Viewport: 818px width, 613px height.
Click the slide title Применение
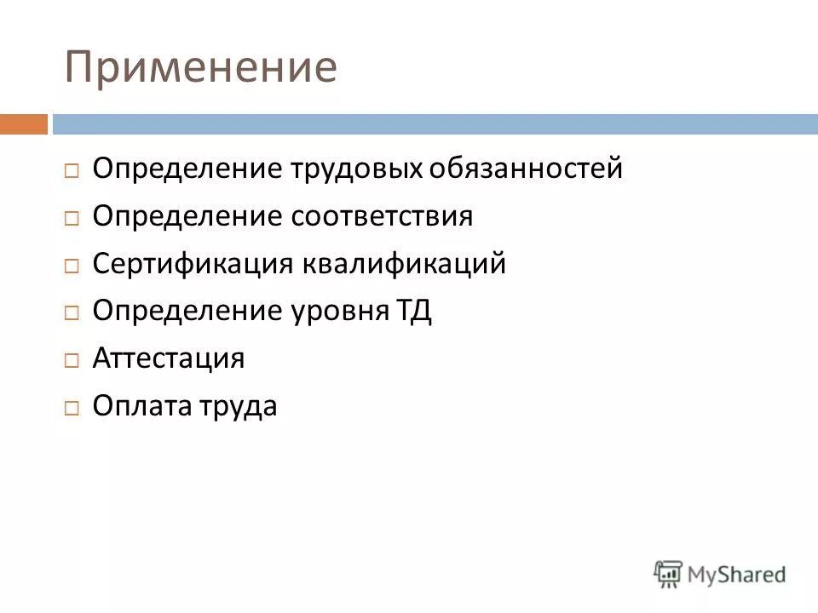pyautogui.click(x=201, y=68)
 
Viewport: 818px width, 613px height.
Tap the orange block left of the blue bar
pyautogui.click(x=24, y=124)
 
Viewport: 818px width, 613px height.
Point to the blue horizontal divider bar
pyautogui.click(x=435, y=124)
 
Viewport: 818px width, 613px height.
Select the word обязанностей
pyautogui.click(x=526, y=169)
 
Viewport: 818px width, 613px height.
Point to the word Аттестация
pyautogui.click(x=169, y=358)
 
